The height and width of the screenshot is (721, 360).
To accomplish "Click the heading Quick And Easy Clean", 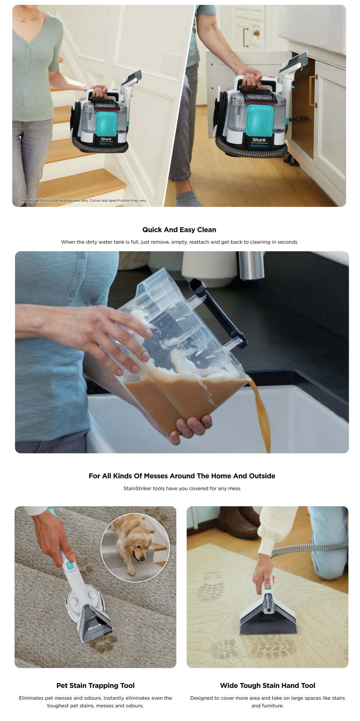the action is (x=179, y=230).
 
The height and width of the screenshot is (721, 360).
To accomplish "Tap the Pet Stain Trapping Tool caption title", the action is (x=95, y=685).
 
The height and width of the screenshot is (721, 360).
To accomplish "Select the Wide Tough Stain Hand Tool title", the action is (x=267, y=685).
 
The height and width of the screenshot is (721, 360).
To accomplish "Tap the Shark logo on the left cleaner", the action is (x=106, y=139).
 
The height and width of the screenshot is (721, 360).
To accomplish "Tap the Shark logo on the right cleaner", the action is (x=259, y=139).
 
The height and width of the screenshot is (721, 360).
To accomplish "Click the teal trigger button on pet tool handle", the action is (x=70, y=566).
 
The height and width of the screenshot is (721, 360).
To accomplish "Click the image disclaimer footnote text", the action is (x=83, y=200).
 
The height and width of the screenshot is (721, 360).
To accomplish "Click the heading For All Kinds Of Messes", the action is (x=182, y=476).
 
